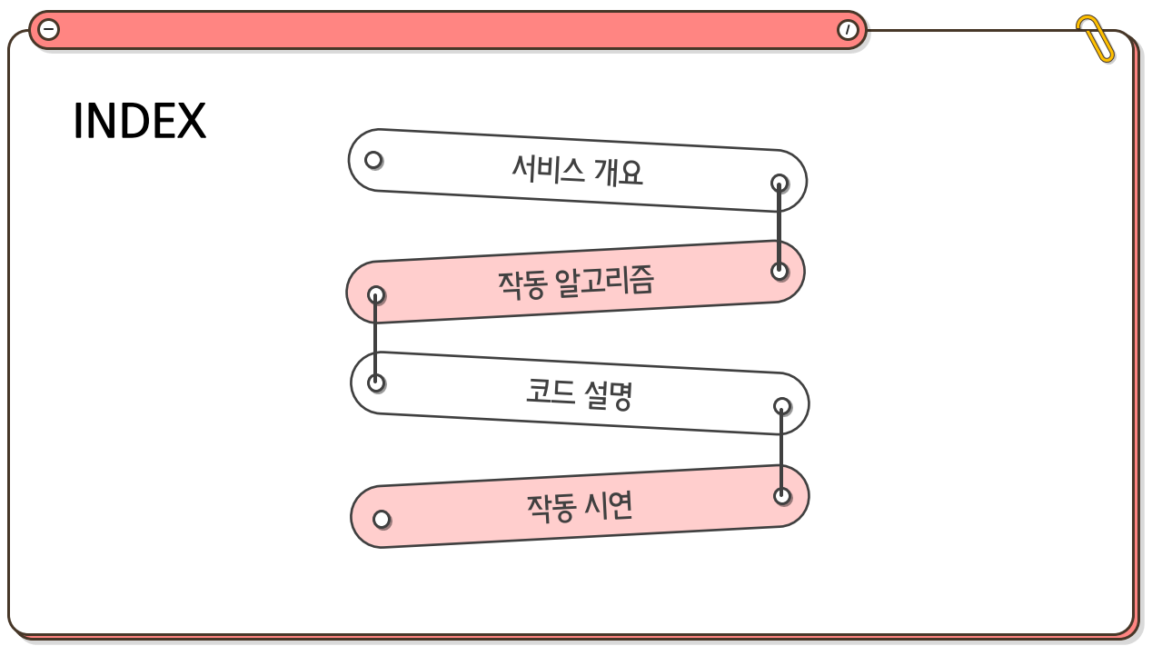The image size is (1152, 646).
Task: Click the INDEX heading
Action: coord(139,122)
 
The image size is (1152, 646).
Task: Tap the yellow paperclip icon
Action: coord(1095,38)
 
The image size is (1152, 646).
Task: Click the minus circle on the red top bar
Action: coord(49,30)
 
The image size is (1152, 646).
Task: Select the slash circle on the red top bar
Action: coord(847,30)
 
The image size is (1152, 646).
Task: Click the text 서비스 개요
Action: coord(577,169)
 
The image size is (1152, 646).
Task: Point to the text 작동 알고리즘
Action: coord(575,282)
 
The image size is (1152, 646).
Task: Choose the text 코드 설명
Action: coord(579,393)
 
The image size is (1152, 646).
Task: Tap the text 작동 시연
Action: coord(579,506)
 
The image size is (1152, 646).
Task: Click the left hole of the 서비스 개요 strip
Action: coord(373,160)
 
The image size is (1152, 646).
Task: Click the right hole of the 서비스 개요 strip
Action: coord(779,183)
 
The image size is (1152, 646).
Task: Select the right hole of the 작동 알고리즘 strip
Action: coord(779,271)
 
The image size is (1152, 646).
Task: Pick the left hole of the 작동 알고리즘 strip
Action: coord(375,294)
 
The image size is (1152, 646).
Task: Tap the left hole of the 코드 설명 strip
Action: coord(375,383)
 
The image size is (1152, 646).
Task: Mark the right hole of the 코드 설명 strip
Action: coord(781,406)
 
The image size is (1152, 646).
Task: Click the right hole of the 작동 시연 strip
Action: coord(781,495)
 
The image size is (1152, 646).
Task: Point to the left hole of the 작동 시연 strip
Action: coord(382,519)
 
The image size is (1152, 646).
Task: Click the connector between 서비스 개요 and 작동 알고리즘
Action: coord(779,227)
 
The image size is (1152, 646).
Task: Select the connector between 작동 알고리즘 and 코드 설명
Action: coord(375,339)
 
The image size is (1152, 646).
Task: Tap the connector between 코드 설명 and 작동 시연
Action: coord(781,451)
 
